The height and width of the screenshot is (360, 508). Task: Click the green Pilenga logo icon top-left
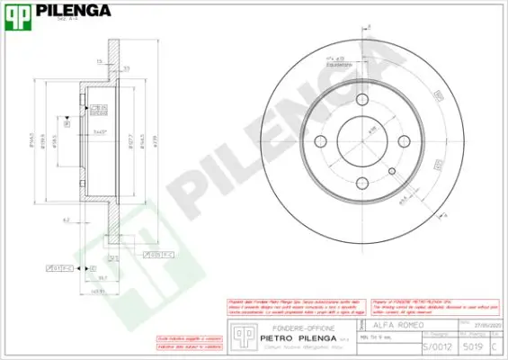[15, 12]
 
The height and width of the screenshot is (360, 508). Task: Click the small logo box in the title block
[240, 335]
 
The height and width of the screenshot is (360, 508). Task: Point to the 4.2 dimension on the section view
[66, 218]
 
